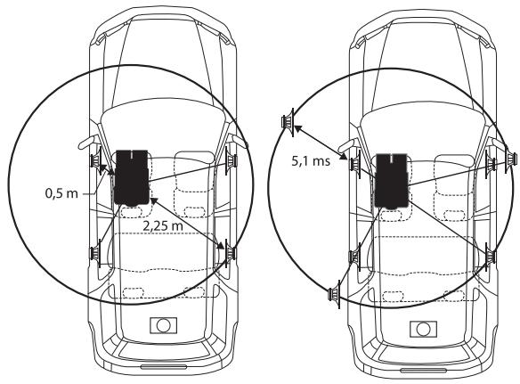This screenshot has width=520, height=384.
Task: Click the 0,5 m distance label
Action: point(61,192)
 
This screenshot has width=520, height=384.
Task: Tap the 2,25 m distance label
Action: point(163,226)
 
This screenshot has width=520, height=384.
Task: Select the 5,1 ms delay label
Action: point(311,161)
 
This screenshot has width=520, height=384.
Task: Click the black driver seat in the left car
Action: point(132,177)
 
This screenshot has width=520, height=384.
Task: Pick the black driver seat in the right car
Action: point(391,181)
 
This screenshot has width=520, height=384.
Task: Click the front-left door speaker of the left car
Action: point(96,161)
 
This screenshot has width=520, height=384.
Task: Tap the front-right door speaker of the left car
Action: point(231,160)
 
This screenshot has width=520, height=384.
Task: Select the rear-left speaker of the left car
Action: point(96,253)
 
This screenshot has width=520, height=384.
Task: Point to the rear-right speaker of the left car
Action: point(230,253)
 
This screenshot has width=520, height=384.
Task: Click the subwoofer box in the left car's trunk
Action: point(163,325)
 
